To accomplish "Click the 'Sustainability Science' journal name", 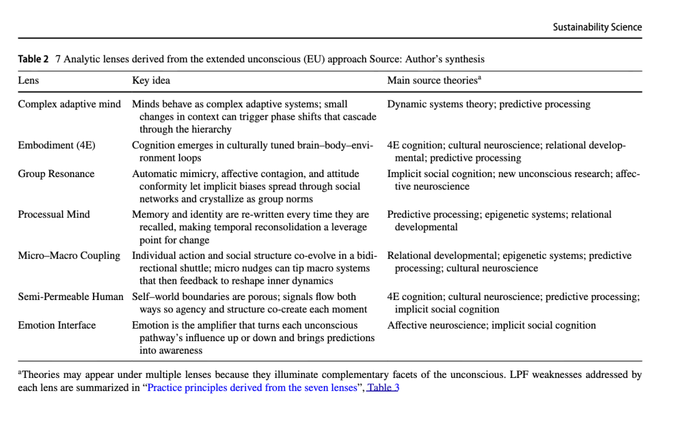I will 597,27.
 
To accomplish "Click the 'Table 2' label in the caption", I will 33,59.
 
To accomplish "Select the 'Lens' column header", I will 28,80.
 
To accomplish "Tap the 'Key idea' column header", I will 151,80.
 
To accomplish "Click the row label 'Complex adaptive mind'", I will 69,104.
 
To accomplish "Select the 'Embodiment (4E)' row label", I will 57,145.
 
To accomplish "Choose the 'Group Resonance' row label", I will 56,173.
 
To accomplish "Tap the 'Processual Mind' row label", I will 54,215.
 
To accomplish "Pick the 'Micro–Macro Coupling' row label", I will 69,256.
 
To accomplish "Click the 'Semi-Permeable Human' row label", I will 71,297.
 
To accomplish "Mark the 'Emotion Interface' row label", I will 57,325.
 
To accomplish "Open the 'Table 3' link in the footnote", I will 383,387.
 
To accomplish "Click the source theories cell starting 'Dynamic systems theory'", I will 489,104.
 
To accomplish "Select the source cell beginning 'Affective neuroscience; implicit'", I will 491,325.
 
